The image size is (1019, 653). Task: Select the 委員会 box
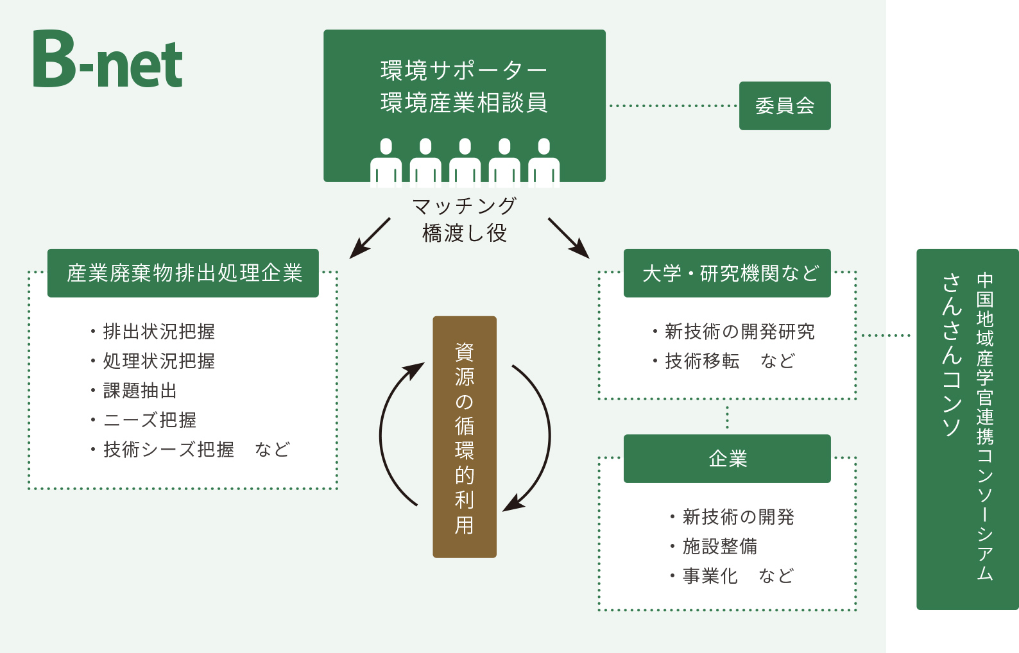coord(784,106)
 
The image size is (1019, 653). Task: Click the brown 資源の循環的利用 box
coord(464,436)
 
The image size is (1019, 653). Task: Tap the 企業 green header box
coord(727,459)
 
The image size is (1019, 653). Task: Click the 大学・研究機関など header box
coord(727,273)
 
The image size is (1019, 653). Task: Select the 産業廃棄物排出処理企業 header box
coord(183,273)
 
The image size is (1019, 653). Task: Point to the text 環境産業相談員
coord(464,103)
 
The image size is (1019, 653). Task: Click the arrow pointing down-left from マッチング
coord(370,238)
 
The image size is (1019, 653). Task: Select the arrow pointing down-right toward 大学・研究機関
coord(569,238)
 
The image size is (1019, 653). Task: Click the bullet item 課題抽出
coord(139,391)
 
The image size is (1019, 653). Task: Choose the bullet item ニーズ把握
coord(149,420)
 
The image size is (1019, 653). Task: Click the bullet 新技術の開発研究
coord(739,332)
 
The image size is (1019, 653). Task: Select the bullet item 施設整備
coord(719,547)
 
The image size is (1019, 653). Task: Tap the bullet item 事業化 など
coord(737,576)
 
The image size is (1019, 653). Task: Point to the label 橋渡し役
coord(464,233)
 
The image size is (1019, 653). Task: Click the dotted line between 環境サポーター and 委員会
coord(672,106)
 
